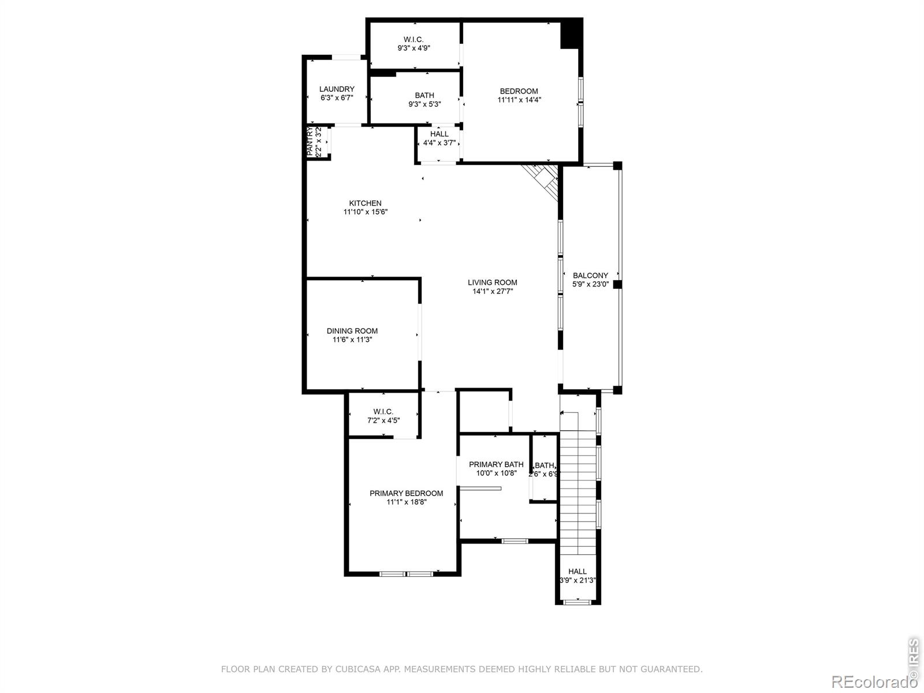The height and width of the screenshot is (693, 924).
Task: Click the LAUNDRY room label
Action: click(x=337, y=89)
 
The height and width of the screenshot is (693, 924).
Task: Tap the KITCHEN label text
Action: click(x=365, y=203)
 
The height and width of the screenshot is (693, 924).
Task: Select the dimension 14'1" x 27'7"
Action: click(x=493, y=292)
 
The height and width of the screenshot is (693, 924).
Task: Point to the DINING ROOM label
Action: click(x=352, y=331)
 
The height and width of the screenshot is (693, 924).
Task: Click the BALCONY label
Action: click(x=590, y=275)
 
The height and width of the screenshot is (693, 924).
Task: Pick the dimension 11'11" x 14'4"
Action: click(x=519, y=100)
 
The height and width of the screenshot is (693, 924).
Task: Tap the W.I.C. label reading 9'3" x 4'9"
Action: click(x=413, y=40)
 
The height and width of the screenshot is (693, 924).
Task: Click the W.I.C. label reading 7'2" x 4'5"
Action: click(x=383, y=412)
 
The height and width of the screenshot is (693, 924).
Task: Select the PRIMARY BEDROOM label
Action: click(x=407, y=493)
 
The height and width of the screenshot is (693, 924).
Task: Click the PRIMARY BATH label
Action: click(x=496, y=464)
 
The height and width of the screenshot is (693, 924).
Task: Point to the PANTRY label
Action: click(x=310, y=141)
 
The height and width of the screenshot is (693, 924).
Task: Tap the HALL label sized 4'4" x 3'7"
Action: click(x=439, y=134)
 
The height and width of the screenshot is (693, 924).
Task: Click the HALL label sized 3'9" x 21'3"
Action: click(x=577, y=572)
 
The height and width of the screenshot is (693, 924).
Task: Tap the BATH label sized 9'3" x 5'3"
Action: click(x=424, y=95)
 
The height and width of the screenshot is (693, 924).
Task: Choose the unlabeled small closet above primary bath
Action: click(x=484, y=411)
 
